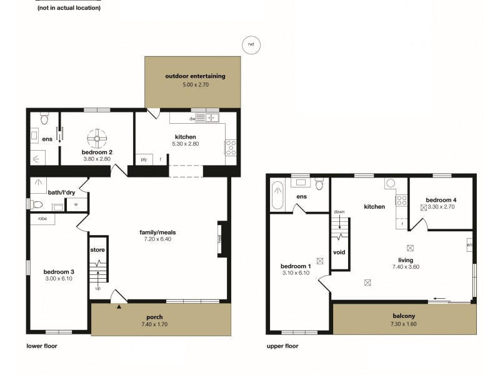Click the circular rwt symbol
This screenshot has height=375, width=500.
tap(251, 44)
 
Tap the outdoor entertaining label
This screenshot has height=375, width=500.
tap(195, 76)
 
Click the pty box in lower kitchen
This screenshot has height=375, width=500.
tap(144, 159)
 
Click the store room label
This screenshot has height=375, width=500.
tap(97, 249)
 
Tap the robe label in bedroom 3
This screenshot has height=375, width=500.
tap(42, 219)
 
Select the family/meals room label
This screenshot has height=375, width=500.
tap(156, 231)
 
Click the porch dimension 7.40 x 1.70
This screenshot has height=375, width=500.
tap(153, 324)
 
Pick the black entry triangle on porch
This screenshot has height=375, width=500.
tap(119, 306)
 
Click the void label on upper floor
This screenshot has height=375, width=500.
tap(339, 252)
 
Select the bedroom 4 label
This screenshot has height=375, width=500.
tap(441, 200)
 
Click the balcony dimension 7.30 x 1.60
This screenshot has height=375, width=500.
tap(403, 324)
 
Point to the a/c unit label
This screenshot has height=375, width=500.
tap(469, 245)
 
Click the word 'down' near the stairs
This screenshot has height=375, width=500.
tap(339, 212)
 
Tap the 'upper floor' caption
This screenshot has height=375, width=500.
tap(282, 346)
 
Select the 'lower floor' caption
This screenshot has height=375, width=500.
tap(42, 346)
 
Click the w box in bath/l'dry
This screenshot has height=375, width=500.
tap(76, 204)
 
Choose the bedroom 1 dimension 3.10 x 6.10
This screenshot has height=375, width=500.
tap(296, 272)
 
